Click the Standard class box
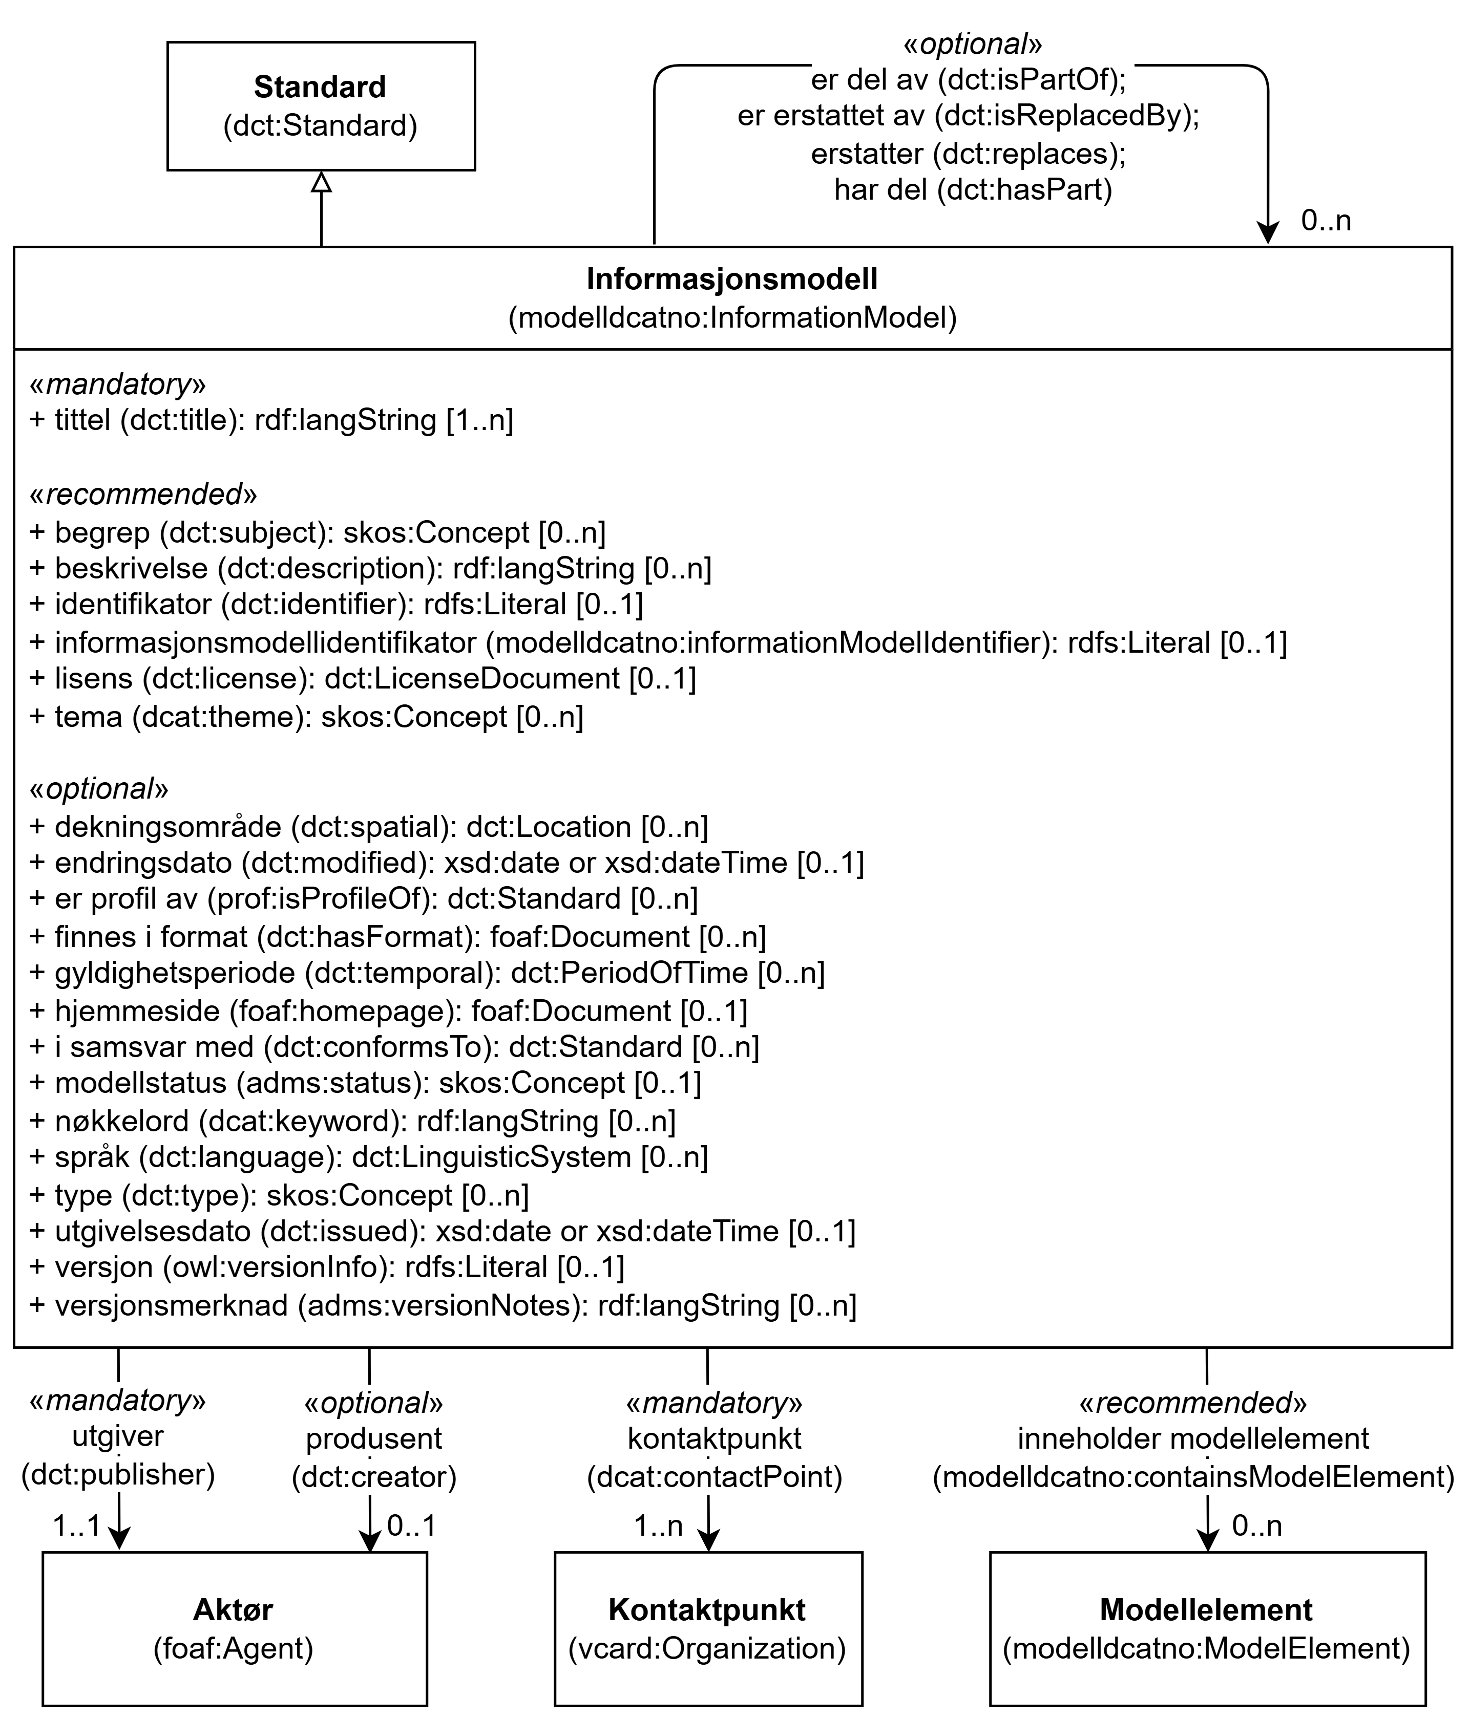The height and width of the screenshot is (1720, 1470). click(322, 106)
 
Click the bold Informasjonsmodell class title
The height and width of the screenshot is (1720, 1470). click(732, 279)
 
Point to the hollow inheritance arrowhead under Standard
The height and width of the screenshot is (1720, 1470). click(322, 182)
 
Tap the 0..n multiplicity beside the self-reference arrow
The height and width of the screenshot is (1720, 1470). click(1326, 221)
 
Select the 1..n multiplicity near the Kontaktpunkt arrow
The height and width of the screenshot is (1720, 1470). click(659, 1526)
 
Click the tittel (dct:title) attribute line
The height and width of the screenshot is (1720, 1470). click(271, 420)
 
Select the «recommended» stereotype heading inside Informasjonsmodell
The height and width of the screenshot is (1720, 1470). click(143, 494)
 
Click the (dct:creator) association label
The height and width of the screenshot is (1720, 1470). click(374, 1477)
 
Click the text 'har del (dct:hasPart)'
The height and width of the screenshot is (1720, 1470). click(973, 190)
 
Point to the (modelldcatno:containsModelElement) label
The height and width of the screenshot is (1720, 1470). click(1193, 1477)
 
